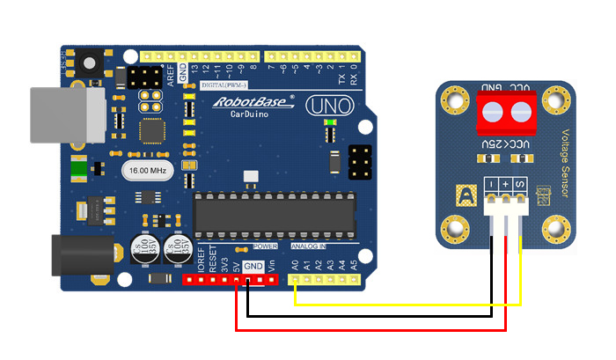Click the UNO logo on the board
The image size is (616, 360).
click(330, 107)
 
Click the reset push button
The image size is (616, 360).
click(90, 62)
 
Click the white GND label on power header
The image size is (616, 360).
click(253, 266)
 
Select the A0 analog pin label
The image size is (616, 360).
click(295, 263)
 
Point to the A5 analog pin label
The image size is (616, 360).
click(354, 263)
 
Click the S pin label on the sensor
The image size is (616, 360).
click(520, 184)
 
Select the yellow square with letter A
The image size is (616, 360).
click(464, 195)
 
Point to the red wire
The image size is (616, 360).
click(370, 329)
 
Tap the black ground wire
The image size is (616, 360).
click(370, 317)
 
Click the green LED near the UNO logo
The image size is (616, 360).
click(330, 134)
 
